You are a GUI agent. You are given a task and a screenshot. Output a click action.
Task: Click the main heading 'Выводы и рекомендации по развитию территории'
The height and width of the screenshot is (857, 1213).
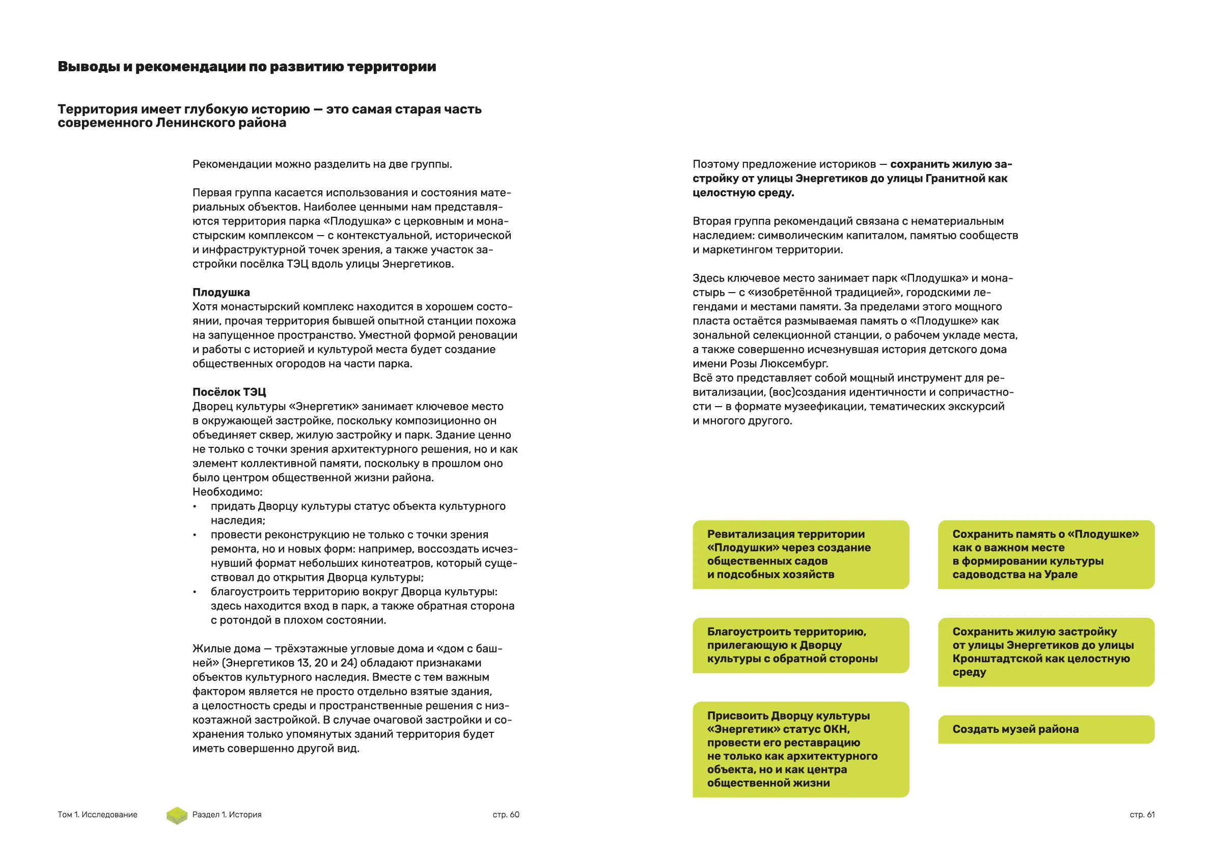(x=246, y=67)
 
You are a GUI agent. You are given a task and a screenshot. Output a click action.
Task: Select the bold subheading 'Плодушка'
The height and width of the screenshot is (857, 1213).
(x=221, y=293)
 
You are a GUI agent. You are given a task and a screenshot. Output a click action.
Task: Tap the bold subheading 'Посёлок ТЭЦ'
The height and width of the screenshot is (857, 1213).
(x=229, y=392)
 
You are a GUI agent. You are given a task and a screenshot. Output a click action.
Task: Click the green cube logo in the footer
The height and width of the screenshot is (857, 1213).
(x=177, y=816)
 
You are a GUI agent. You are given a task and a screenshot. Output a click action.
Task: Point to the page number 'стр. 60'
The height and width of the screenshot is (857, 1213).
(x=506, y=815)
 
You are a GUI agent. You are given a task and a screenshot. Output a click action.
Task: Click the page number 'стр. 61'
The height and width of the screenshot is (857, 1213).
(x=1142, y=815)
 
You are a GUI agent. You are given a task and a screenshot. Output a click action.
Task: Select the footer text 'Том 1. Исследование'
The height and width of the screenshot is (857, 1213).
(x=97, y=815)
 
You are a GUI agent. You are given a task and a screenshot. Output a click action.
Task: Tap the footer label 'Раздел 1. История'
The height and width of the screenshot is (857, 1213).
(x=227, y=815)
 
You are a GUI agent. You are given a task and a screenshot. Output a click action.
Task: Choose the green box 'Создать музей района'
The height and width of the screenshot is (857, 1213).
(x=1045, y=730)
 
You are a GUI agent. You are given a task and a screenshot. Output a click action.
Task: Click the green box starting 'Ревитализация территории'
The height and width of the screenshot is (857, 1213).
(x=801, y=554)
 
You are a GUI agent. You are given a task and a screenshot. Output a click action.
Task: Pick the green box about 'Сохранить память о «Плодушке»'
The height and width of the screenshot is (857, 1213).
(x=1045, y=554)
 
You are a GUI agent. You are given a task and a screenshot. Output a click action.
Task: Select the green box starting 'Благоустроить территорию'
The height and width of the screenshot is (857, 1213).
(x=801, y=645)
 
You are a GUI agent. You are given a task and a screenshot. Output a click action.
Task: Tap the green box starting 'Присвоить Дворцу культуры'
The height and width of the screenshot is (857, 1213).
(x=801, y=749)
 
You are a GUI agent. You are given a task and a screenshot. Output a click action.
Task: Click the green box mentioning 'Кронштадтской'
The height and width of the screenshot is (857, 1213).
(x=1045, y=652)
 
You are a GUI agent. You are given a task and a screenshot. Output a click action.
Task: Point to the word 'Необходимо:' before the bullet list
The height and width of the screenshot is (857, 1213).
(x=227, y=492)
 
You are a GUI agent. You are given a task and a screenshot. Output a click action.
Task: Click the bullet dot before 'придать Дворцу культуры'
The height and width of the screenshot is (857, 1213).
(x=195, y=507)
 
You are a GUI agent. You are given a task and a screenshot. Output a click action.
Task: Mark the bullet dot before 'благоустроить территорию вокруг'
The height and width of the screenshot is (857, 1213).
(x=195, y=592)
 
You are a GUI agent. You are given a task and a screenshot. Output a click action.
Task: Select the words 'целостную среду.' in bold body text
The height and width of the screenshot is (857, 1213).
(x=743, y=193)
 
